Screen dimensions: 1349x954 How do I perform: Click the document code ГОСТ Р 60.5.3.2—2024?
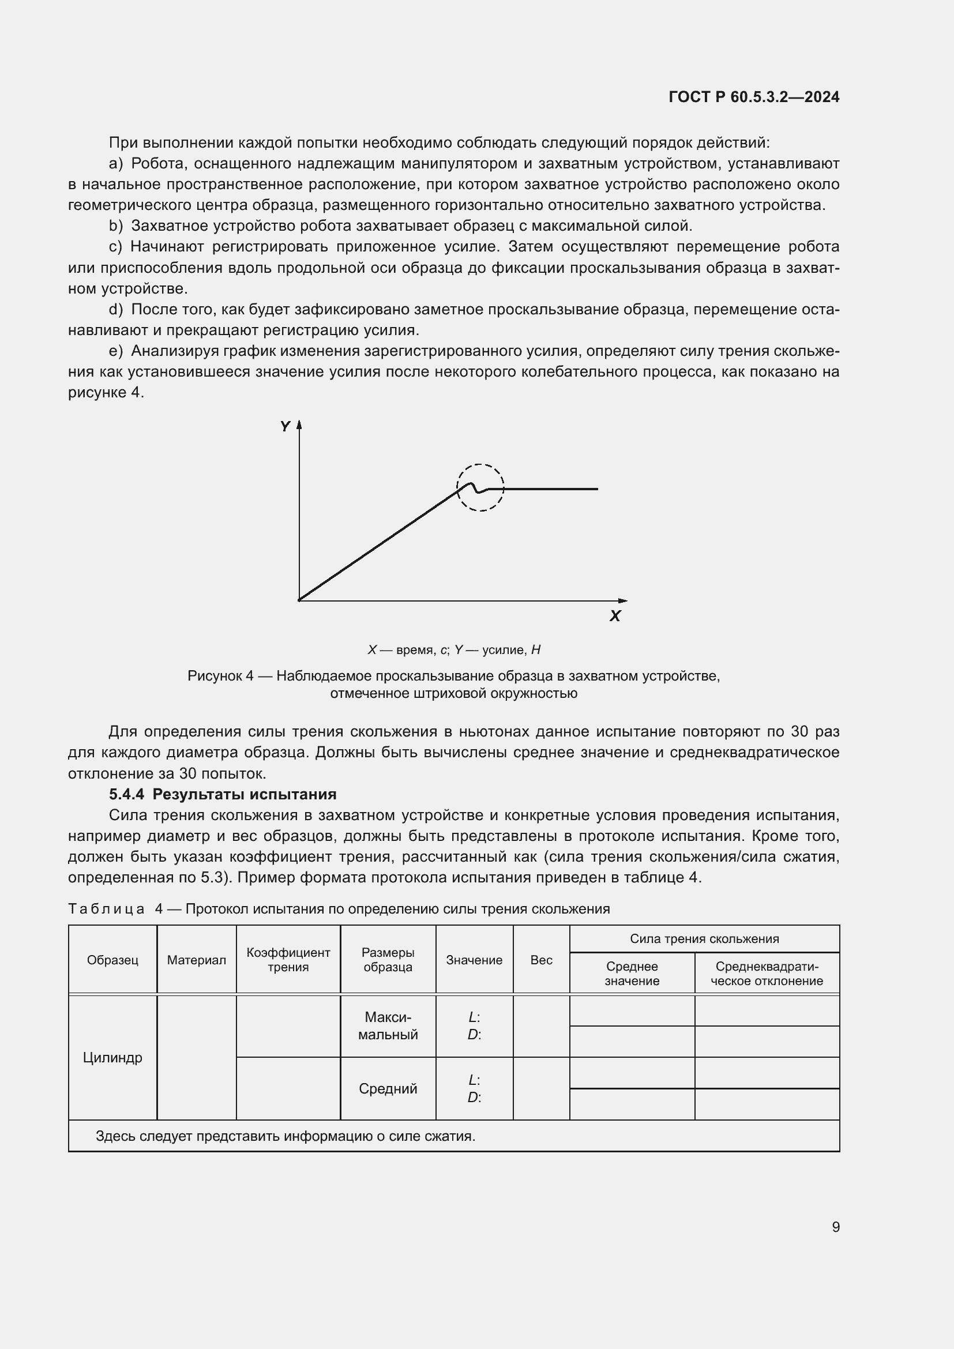754,97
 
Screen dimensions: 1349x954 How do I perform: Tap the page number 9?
835,1227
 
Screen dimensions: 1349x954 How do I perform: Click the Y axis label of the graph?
286,427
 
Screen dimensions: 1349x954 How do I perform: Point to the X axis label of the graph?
615,617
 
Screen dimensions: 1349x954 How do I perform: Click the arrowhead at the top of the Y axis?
299,424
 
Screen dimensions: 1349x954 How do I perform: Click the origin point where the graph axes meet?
299,600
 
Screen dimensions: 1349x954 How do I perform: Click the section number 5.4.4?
126,794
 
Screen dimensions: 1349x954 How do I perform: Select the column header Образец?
113,960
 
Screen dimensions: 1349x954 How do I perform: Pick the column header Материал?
196,960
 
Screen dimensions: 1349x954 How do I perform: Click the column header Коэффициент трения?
288,960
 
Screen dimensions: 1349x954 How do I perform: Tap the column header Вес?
541,960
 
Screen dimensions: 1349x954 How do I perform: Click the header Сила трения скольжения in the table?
704,939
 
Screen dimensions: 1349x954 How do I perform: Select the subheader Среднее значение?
632,974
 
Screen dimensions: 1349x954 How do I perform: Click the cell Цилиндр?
113,1058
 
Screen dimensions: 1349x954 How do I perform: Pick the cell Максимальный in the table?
388,1026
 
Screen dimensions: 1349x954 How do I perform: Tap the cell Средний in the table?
388,1089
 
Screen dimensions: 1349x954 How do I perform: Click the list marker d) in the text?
116,310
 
